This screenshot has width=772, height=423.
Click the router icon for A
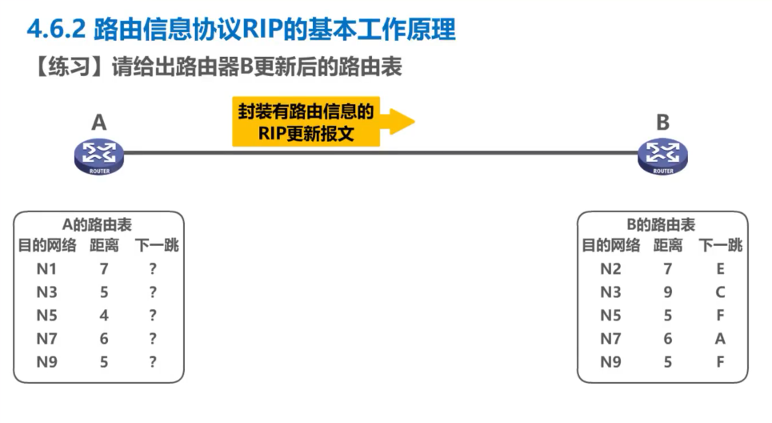(99, 155)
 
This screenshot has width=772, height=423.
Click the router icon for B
(662, 155)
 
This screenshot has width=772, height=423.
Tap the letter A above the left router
(98, 123)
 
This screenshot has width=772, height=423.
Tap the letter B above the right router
(662, 123)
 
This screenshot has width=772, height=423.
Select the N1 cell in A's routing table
(46, 269)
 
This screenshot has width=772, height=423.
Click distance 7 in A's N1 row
(104, 269)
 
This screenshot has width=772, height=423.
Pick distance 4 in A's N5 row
(104, 316)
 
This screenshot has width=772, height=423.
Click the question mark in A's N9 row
(153, 361)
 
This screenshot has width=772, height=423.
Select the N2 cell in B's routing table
(610, 269)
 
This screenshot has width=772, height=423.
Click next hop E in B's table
(721, 269)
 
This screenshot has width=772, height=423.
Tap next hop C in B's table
(721, 292)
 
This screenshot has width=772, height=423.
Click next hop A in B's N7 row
(721, 339)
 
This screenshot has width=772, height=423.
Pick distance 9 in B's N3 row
(668, 292)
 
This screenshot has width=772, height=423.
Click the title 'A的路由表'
(98, 226)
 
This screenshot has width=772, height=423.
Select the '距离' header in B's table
(668, 246)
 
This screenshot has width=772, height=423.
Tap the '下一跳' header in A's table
(158, 246)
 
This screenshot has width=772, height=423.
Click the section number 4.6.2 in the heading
(56, 30)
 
